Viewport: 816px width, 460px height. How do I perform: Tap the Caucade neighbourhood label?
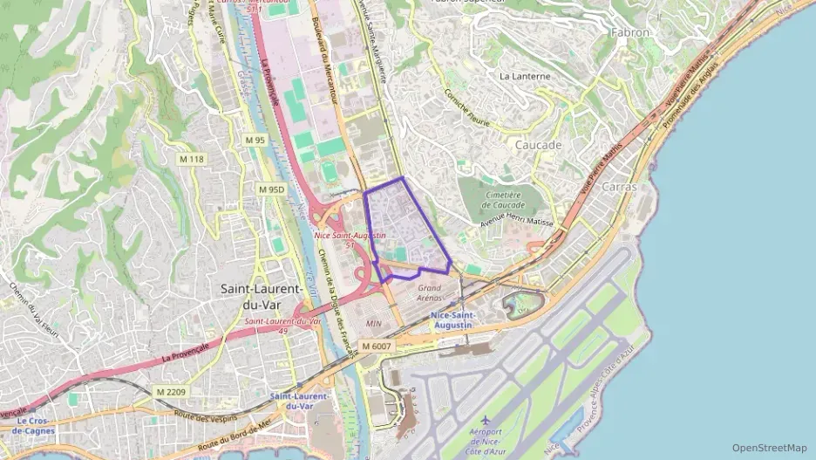pyautogui.click(x=538, y=145)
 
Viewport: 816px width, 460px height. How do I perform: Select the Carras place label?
pyautogui.click(x=619, y=187)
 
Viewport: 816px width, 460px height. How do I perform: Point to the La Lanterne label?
pyautogui.click(x=525, y=77)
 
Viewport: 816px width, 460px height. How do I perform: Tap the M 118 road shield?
pyautogui.click(x=191, y=159)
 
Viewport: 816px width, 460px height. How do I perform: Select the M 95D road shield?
pyautogui.click(x=273, y=189)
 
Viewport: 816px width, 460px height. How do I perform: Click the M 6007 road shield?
pyautogui.click(x=379, y=347)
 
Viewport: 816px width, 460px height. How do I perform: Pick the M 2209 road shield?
pyautogui.click(x=173, y=392)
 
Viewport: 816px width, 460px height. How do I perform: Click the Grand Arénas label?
pyautogui.click(x=430, y=292)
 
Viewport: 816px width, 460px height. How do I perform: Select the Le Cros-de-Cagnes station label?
pyautogui.click(x=36, y=425)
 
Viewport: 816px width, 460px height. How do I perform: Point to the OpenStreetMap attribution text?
pyautogui.click(x=770, y=448)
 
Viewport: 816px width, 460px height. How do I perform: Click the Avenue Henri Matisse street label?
pyautogui.click(x=517, y=223)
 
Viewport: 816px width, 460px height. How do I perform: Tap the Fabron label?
pyautogui.click(x=632, y=32)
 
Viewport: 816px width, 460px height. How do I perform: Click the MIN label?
pyautogui.click(x=374, y=323)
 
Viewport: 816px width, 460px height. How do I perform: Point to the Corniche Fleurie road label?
pyautogui.click(x=468, y=108)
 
